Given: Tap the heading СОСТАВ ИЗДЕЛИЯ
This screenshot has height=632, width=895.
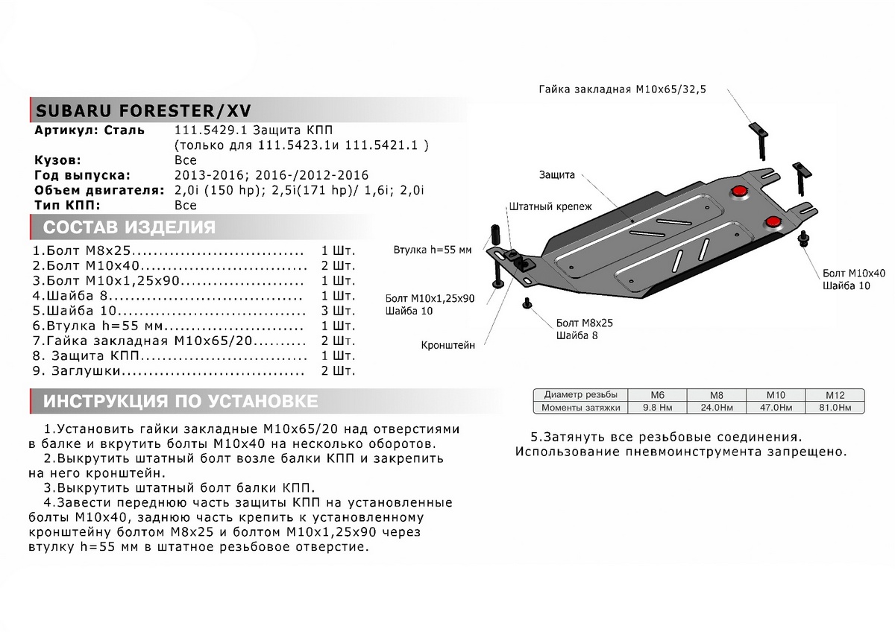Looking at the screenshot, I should tap(129, 227).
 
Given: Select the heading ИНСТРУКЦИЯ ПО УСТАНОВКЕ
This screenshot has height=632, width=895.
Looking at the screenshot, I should tap(180, 402).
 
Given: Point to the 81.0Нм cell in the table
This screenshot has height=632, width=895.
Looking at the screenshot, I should tap(834, 407).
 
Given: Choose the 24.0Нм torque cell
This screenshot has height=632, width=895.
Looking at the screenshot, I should tap(715, 407).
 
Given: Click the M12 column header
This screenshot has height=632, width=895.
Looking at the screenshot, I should tap(834, 394).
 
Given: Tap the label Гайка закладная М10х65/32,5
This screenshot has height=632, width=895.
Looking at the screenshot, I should tap(622, 89).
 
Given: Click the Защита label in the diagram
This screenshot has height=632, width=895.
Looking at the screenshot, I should tap(556, 175).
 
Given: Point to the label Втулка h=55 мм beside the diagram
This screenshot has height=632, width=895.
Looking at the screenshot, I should tap(433, 250).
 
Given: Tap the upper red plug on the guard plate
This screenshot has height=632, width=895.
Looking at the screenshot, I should tap(739, 192).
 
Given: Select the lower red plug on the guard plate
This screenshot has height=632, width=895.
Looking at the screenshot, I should tap(772, 221).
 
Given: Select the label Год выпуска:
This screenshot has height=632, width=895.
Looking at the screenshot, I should tap(82, 175).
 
